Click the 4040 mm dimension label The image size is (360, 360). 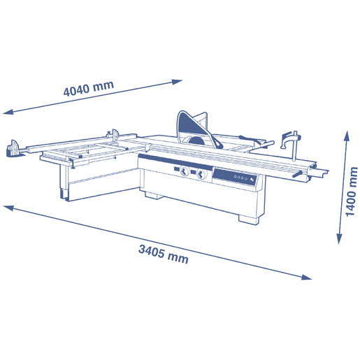[89, 89]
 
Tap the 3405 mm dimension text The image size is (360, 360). [164, 254]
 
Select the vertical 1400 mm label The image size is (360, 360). [351, 192]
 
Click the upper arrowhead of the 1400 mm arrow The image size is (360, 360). [347, 136]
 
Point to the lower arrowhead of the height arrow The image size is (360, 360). [340, 238]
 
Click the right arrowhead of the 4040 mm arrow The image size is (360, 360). [177, 82]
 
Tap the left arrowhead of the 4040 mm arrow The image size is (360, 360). [8, 112]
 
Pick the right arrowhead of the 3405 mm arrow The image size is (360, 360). [306, 277]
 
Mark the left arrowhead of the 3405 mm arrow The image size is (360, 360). [8, 208]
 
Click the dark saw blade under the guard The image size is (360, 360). [195, 141]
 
